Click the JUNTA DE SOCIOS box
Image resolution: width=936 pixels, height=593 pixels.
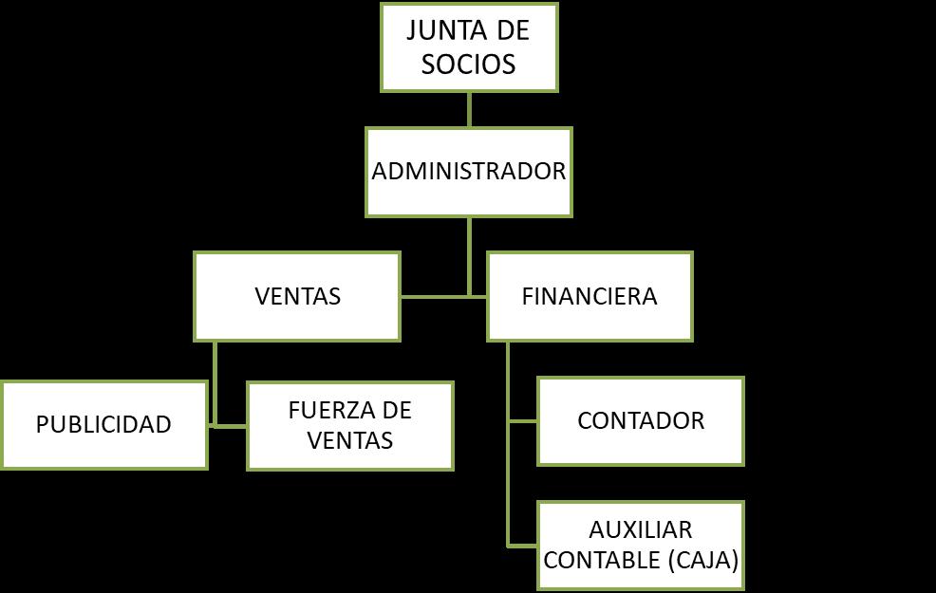pyautogui.click(x=468, y=46)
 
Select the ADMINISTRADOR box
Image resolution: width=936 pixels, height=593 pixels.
pyautogui.click(x=469, y=172)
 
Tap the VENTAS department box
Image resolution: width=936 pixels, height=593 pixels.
pyautogui.click(x=297, y=296)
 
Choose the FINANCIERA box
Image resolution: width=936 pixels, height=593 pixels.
pyautogui.click(x=590, y=296)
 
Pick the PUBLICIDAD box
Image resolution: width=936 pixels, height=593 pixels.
pyautogui.click(x=103, y=424)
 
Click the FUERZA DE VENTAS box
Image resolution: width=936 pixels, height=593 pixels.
pyautogui.click(x=349, y=425)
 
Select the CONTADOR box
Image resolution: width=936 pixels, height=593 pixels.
pyautogui.click(x=641, y=420)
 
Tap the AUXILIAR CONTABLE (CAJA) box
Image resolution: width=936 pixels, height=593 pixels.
pyautogui.click(x=641, y=546)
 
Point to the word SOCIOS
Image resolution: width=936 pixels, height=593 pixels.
pyautogui.click(x=469, y=64)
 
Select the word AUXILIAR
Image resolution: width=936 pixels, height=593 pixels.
pyautogui.click(x=641, y=529)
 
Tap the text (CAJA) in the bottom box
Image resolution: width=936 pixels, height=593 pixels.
pyautogui.click(x=702, y=561)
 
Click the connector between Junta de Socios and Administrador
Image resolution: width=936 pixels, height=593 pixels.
pyautogui.click(x=469, y=110)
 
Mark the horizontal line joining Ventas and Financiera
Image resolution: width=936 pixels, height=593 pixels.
pyautogui.click(x=443, y=296)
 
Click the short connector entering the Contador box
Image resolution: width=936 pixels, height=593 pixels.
pyautogui.click(x=522, y=420)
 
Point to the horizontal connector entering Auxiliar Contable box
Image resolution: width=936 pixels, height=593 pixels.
pyautogui.click(x=522, y=546)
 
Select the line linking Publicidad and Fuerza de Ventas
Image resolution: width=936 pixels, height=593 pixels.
pyautogui.click(x=227, y=425)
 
